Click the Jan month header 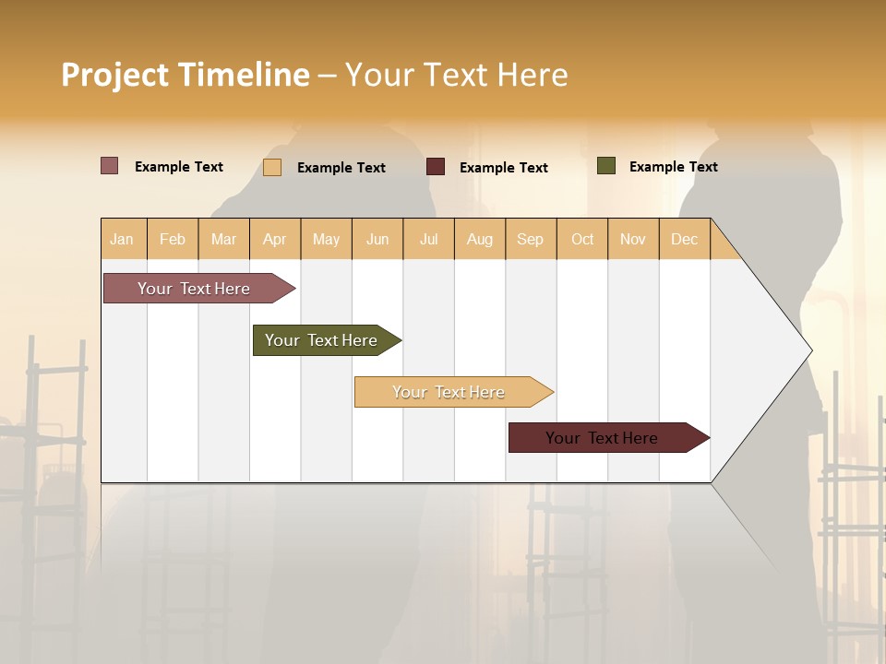[x=122, y=239]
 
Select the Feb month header [x=173, y=239]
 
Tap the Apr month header [x=274, y=239]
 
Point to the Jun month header [x=377, y=239]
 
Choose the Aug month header [x=479, y=239]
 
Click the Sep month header [x=530, y=239]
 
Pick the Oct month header [x=582, y=239]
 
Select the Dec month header [x=684, y=239]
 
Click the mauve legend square [x=110, y=166]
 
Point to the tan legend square [x=272, y=167]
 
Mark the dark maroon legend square [x=436, y=167]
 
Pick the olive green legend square [x=606, y=166]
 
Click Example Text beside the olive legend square [x=673, y=167]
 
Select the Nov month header [x=632, y=239]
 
